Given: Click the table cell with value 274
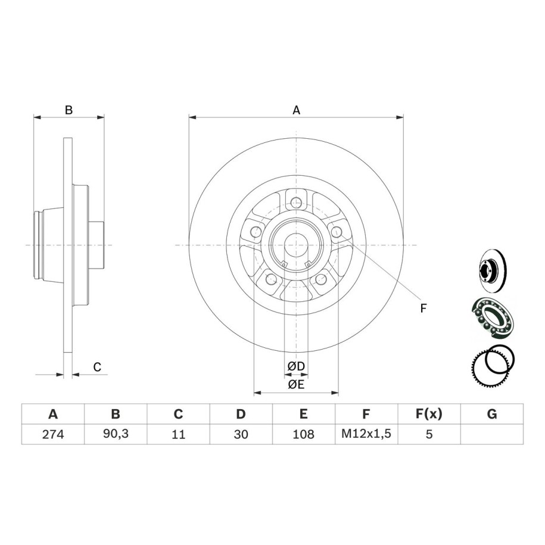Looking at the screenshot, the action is tap(53, 434).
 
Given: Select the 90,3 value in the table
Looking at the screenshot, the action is tap(116, 434).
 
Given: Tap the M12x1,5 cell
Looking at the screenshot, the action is tap(366, 434).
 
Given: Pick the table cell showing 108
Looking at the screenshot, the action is tap(303, 434).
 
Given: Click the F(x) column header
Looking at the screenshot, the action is tap(429, 414).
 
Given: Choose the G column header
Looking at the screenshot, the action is tap(492, 414).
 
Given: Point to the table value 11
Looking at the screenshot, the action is tap(178, 434).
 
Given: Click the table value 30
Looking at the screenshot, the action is tap(241, 434).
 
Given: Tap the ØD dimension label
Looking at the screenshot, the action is tap(296, 366).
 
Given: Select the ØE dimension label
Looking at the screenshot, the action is tap(296, 385).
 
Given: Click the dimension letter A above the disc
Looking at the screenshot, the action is tap(296, 110).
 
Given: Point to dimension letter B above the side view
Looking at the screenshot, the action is tap(69, 110).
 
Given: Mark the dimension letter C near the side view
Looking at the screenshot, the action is tap(97, 367).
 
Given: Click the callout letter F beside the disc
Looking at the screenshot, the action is tap(423, 308).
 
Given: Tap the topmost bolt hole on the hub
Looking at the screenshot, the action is tap(296, 201).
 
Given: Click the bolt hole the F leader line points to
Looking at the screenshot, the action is tap(337, 231).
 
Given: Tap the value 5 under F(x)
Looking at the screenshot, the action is tap(429, 434).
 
